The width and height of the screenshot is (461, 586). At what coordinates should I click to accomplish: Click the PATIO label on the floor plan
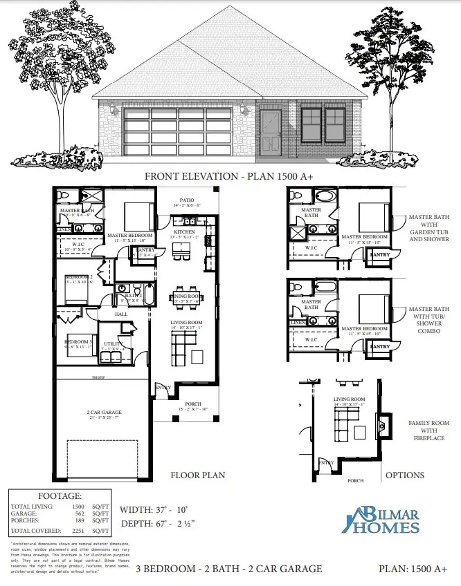click(x=187, y=202)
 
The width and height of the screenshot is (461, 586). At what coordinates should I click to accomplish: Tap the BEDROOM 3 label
click(x=78, y=343)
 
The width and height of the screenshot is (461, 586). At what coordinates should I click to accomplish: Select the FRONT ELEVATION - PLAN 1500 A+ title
click(x=229, y=176)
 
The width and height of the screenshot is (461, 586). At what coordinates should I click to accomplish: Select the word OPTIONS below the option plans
click(x=404, y=475)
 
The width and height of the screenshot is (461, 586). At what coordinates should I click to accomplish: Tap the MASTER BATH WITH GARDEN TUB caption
click(x=428, y=228)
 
